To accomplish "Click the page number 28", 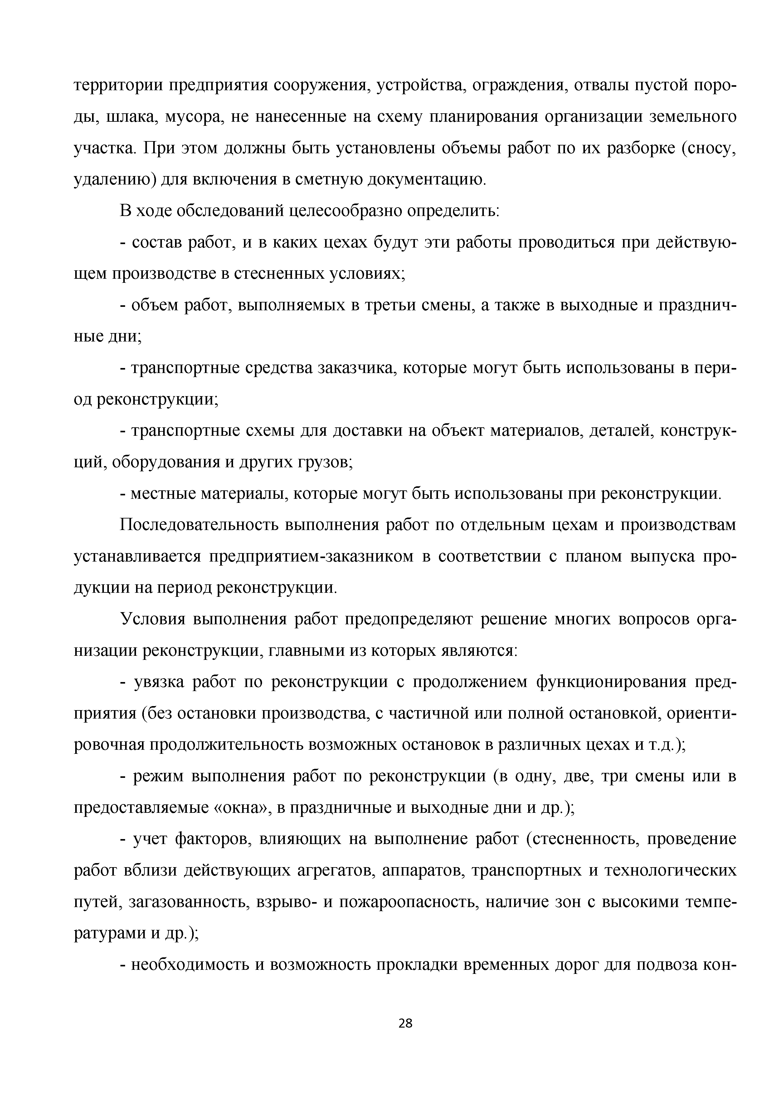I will (x=405, y=1023).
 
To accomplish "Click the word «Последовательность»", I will (x=198, y=525).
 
